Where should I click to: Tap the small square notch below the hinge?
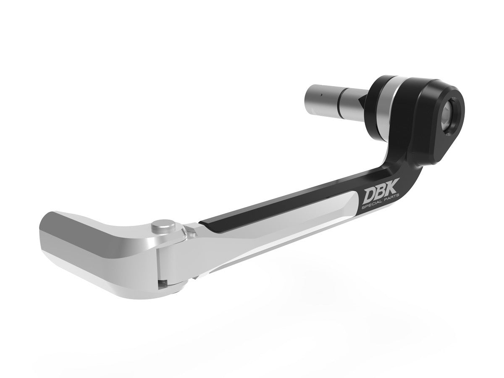pos(165,282)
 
